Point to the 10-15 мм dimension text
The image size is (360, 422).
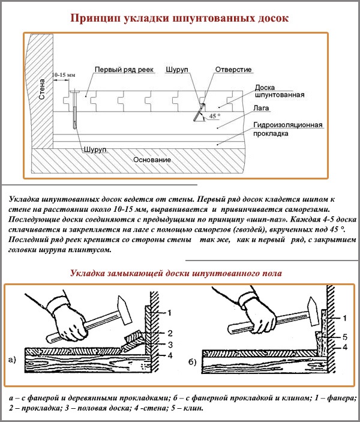(64, 74)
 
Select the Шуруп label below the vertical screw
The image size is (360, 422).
(96, 148)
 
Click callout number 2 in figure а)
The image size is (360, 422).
(170, 333)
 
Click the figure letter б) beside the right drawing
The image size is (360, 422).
(191, 360)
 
